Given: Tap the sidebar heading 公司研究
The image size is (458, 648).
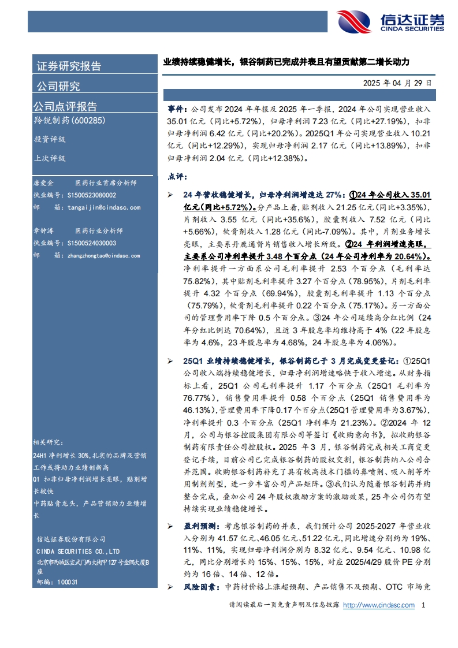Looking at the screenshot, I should pos(58,86).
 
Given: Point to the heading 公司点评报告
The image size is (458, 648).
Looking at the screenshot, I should pos(65,106).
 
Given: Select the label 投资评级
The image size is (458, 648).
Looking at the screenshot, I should pos(49,139).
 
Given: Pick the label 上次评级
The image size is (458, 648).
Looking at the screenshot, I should pos(49,158).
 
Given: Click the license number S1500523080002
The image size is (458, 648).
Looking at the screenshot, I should pos(91,196).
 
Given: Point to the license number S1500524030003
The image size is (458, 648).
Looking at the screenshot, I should pos(91,244).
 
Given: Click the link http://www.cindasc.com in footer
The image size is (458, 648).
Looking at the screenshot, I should pos(378,605).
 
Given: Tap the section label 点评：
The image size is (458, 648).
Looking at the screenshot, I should pos(178,176).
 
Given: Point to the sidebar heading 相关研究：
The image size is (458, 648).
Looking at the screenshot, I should pos(48,442).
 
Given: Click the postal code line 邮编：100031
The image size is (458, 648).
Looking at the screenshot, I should pos(56,582).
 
